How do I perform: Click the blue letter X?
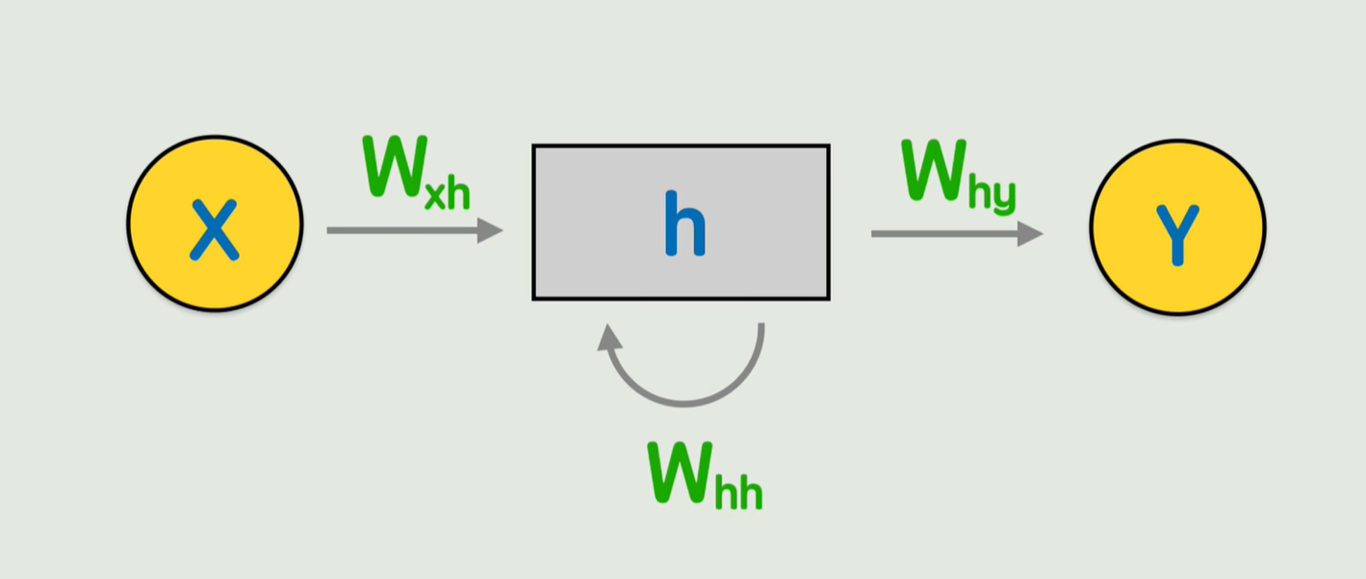[214, 230]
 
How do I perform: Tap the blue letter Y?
[1176, 234]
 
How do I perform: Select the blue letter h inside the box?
[684, 224]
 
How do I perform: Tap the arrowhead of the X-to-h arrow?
[491, 231]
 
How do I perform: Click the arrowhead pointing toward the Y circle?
[1031, 234]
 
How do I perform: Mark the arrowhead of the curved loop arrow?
[607, 338]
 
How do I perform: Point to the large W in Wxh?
[393, 166]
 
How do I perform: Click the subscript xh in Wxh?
[448, 193]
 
